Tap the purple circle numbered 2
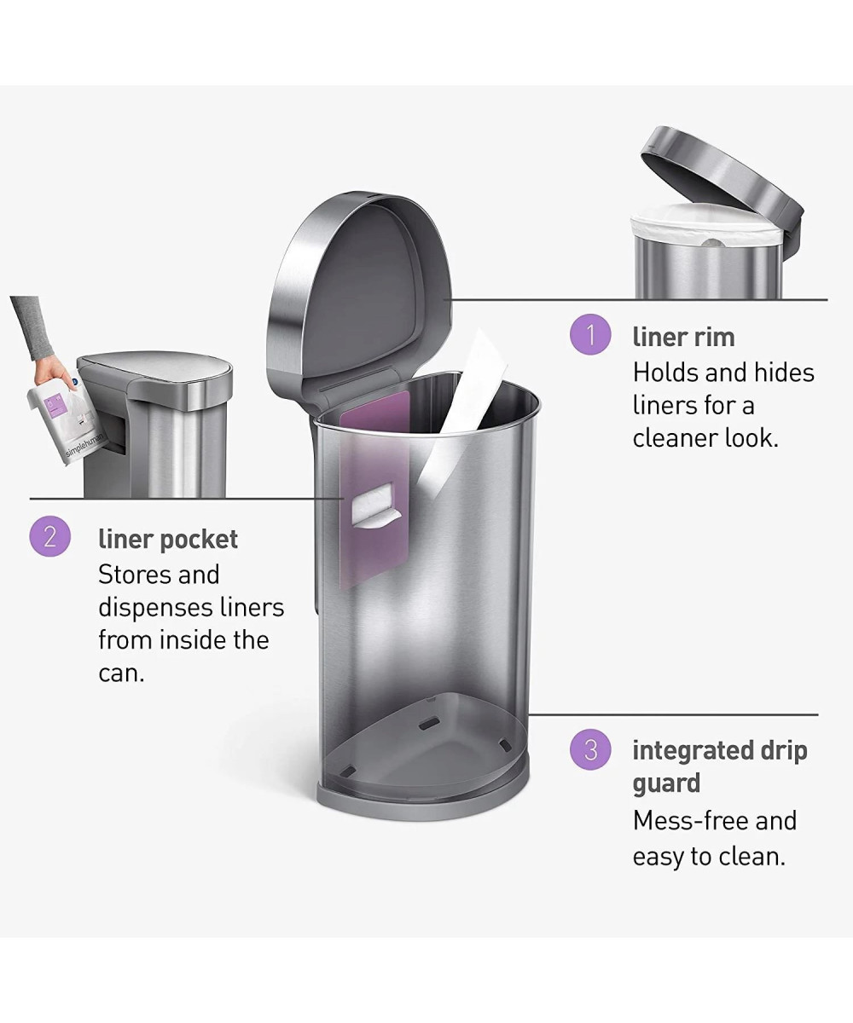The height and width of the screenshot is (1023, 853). point(50,536)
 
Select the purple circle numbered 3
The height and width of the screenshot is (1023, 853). point(590,749)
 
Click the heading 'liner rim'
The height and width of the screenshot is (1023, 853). point(683,337)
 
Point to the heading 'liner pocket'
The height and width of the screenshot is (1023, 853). point(168,540)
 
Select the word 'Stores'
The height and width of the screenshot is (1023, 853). point(134,575)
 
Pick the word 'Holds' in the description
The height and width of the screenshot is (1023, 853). point(664,373)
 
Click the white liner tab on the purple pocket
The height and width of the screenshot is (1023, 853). point(376,506)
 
